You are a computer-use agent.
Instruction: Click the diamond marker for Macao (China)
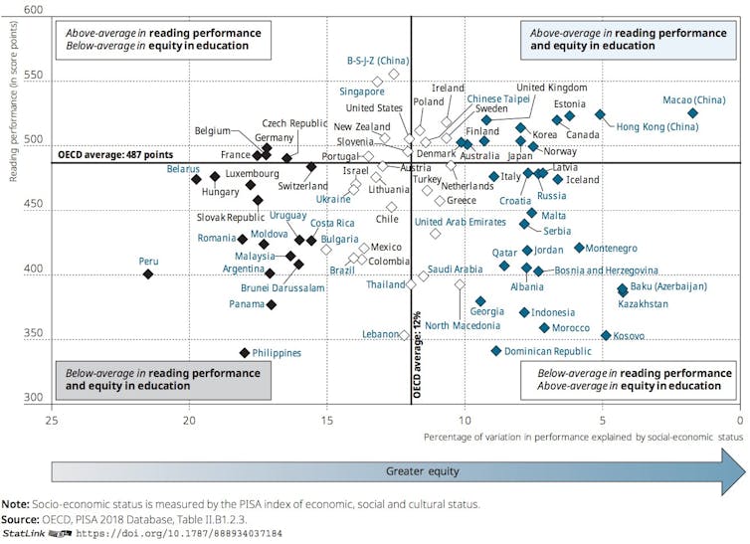692,113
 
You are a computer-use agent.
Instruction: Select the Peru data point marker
148,274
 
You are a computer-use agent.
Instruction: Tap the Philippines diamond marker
245,353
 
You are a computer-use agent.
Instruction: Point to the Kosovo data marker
606,336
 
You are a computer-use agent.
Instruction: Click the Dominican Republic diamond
495,351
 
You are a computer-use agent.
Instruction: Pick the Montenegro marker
579,249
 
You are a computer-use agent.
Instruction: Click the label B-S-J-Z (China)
378,61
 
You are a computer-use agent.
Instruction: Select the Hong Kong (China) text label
657,127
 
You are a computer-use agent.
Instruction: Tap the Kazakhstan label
643,303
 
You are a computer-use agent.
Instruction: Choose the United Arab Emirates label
461,222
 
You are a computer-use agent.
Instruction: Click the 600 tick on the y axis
33,10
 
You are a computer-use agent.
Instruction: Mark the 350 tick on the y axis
33,335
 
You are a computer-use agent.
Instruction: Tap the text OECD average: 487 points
116,154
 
